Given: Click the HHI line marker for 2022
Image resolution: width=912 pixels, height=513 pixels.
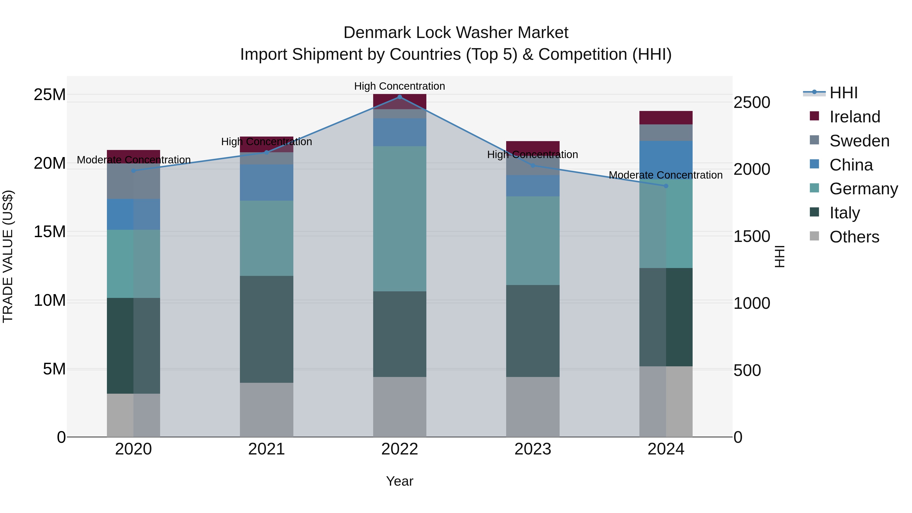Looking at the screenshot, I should pos(400,97).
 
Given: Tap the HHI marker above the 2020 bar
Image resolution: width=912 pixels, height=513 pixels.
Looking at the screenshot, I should pos(134,171).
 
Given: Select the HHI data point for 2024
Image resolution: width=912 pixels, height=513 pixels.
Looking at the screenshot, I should pos(666,186).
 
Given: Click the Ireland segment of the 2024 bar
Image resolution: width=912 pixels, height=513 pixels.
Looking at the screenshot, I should pos(666,118).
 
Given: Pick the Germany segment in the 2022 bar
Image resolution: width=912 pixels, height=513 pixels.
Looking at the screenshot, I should pos(400,219).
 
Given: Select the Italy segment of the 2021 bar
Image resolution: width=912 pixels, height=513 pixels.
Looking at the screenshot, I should pos(267,329).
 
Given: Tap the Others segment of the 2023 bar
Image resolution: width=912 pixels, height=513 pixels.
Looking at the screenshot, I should pos(533,407).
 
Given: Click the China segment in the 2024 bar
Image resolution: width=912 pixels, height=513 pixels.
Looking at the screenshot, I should pos(666,160).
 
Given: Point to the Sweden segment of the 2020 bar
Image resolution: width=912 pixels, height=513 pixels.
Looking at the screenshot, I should pos(134,181).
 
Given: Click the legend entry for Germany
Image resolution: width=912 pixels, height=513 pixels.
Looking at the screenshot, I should pos(864,189).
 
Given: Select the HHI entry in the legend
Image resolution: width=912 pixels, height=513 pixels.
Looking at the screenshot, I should pos(843,93).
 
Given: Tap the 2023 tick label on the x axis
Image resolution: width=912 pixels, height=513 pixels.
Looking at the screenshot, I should pos(533,449).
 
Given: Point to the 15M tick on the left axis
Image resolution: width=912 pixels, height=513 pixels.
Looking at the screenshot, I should pos(50,232).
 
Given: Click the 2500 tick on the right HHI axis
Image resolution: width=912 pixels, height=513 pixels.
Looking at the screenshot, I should pos(752,103).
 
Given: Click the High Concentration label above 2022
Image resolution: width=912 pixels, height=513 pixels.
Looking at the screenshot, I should pos(400,86).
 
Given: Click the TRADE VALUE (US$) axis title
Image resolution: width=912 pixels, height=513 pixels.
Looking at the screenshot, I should pos(8,256).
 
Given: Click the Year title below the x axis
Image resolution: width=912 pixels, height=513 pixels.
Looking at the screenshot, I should pos(400,481).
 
